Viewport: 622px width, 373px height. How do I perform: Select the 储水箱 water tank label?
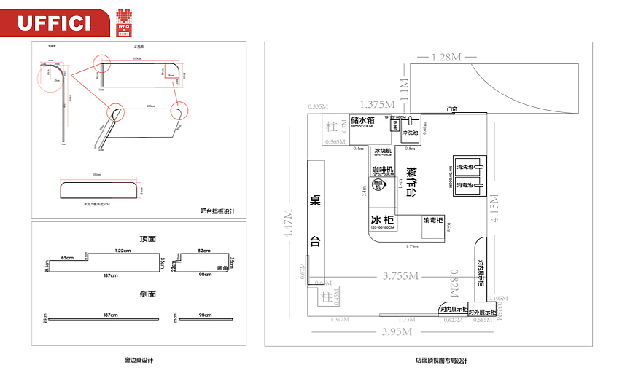tap(362, 120)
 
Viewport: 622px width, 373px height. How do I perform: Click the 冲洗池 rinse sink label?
tap(409, 133)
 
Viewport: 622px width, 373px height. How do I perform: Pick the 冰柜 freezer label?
tap(383, 220)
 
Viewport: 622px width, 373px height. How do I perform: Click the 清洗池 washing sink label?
tap(466, 167)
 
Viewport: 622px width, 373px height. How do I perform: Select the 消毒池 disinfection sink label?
tap(466, 186)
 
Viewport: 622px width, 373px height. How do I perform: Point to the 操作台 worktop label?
tap(412, 182)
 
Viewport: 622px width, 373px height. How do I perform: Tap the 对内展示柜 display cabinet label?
tap(453, 310)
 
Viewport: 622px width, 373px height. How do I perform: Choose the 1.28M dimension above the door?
tap(446, 56)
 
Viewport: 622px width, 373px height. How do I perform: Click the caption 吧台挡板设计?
tap(218, 211)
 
